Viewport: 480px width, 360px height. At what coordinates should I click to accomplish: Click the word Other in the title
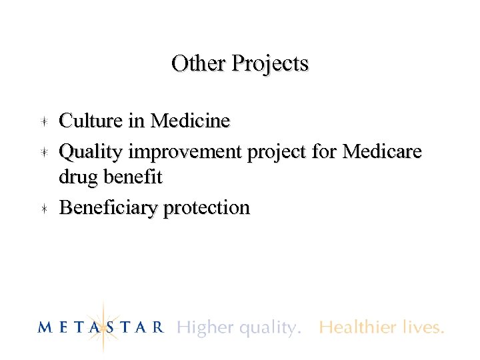tap(199, 64)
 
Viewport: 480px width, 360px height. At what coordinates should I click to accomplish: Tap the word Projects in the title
tap(269, 65)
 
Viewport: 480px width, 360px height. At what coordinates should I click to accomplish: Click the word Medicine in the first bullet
tap(190, 121)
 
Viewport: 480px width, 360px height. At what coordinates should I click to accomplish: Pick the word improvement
tap(186, 153)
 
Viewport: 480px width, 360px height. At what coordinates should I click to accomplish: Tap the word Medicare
tap(381, 152)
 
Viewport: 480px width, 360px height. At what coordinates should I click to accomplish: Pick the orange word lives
tap(423, 327)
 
